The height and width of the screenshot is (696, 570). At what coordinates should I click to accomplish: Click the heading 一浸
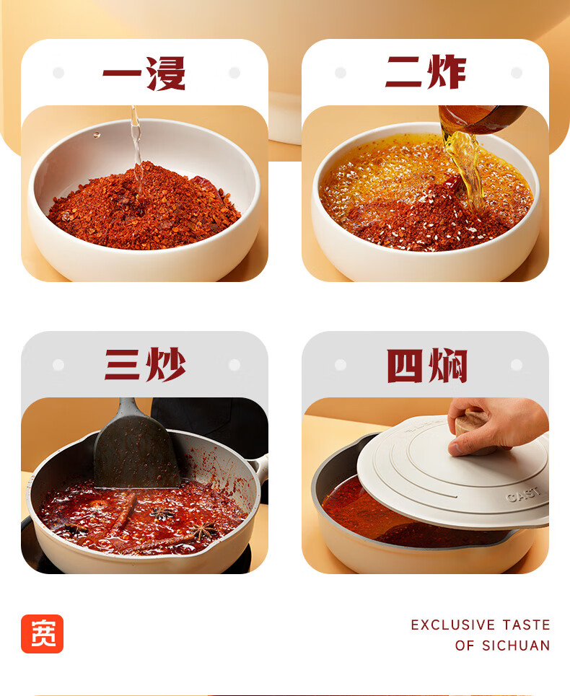coord(144,74)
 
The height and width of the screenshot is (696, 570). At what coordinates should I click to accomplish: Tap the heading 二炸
coord(426,72)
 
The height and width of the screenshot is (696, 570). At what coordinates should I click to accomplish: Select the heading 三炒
coord(145,364)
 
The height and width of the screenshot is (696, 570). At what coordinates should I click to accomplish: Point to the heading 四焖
coord(426,366)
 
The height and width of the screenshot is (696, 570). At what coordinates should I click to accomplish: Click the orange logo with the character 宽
coord(42,633)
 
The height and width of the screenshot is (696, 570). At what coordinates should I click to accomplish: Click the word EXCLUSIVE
coord(453,625)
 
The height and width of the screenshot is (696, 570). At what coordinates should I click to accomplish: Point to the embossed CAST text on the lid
coord(523,494)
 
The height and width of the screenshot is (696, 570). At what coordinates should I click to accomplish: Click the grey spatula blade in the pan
coord(136,453)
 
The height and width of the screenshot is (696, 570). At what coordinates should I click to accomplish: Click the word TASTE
coord(527,625)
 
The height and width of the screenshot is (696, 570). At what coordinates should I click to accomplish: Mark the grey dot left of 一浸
coord(58,72)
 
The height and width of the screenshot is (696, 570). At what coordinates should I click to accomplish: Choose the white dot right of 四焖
coord(517,365)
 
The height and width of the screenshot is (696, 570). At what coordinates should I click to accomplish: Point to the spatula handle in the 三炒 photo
coord(128,408)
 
